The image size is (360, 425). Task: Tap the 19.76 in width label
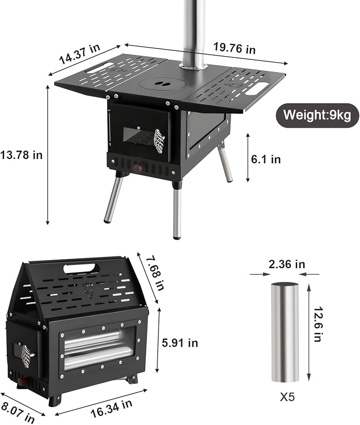click(x=234, y=48)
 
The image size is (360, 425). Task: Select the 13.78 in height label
click(x=21, y=155)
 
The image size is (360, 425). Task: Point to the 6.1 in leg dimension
click(x=266, y=159)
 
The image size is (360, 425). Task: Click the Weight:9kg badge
click(x=318, y=115)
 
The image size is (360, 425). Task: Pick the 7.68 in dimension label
click(x=155, y=273)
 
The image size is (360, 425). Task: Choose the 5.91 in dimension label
click(x=180, y=343)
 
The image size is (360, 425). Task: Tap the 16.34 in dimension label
click(x=111, y=409)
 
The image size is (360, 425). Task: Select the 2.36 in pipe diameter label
click(x=287, y=264)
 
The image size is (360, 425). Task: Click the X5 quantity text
click(x=287, y=397)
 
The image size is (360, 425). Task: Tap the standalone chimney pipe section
click(x=285, y=332)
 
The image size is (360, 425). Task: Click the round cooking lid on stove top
click(x=162, y=84)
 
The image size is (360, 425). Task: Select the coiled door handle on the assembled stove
click(x=160, y=141)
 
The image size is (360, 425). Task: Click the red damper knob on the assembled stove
click(x=138, y=169)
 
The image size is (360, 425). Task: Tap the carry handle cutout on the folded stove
click(x=79, y=268)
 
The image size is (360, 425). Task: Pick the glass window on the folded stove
click(x=100, y=348)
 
